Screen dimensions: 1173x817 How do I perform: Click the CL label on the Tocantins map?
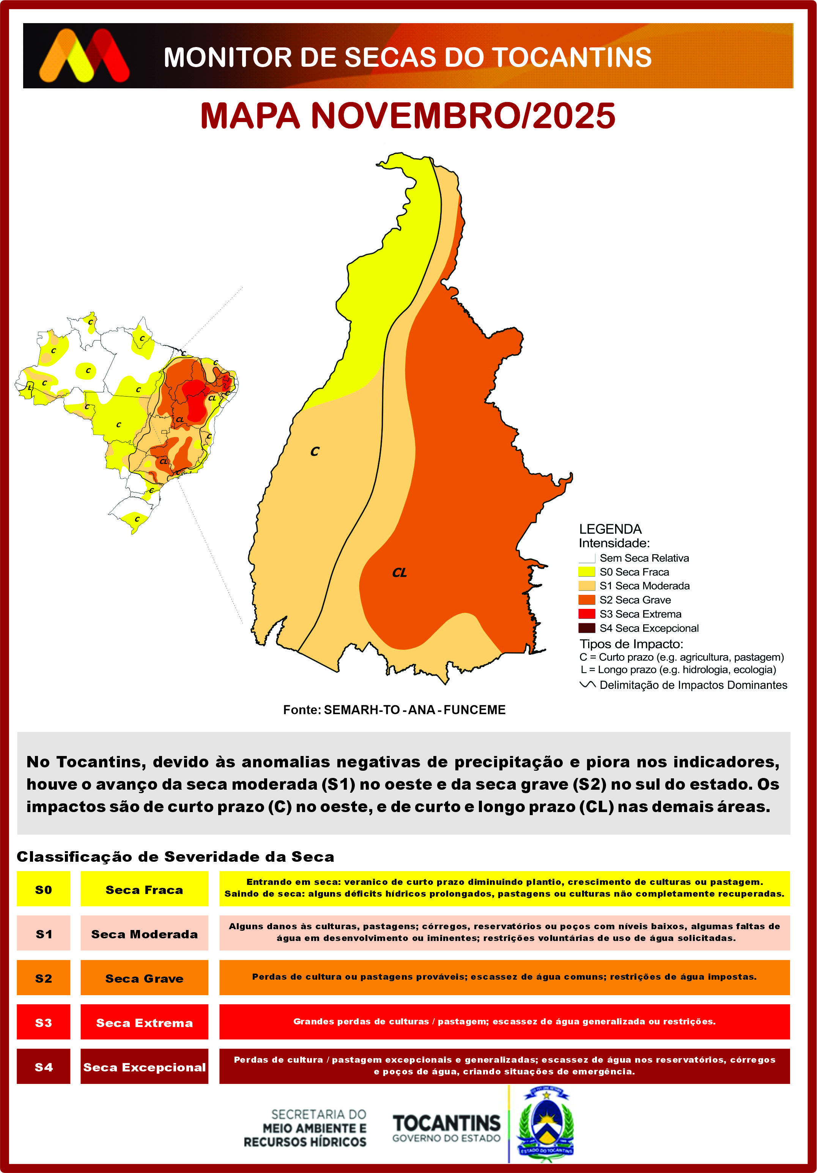[399, 573]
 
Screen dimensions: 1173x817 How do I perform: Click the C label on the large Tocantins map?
[315, 452]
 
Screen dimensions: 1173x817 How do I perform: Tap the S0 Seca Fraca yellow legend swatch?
[586, 572]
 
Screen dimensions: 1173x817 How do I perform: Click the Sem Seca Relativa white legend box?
[586, 558]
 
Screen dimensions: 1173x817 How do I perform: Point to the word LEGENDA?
[610, 529]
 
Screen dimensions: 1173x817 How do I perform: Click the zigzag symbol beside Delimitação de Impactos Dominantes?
[587, 685]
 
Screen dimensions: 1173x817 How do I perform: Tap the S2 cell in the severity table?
[44, 979]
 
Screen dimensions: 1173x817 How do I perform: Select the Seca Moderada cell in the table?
[144, 934]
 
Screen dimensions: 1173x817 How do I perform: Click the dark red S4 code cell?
[44, 1067]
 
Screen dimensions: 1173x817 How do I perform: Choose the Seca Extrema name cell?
[144, 1023]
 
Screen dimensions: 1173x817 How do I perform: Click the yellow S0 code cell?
[44, 889]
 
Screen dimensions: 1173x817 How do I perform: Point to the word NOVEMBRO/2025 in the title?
[463, 116]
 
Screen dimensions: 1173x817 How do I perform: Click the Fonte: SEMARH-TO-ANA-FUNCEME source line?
[394, 710]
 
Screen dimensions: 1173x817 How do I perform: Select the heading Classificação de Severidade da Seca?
[175, 857]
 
